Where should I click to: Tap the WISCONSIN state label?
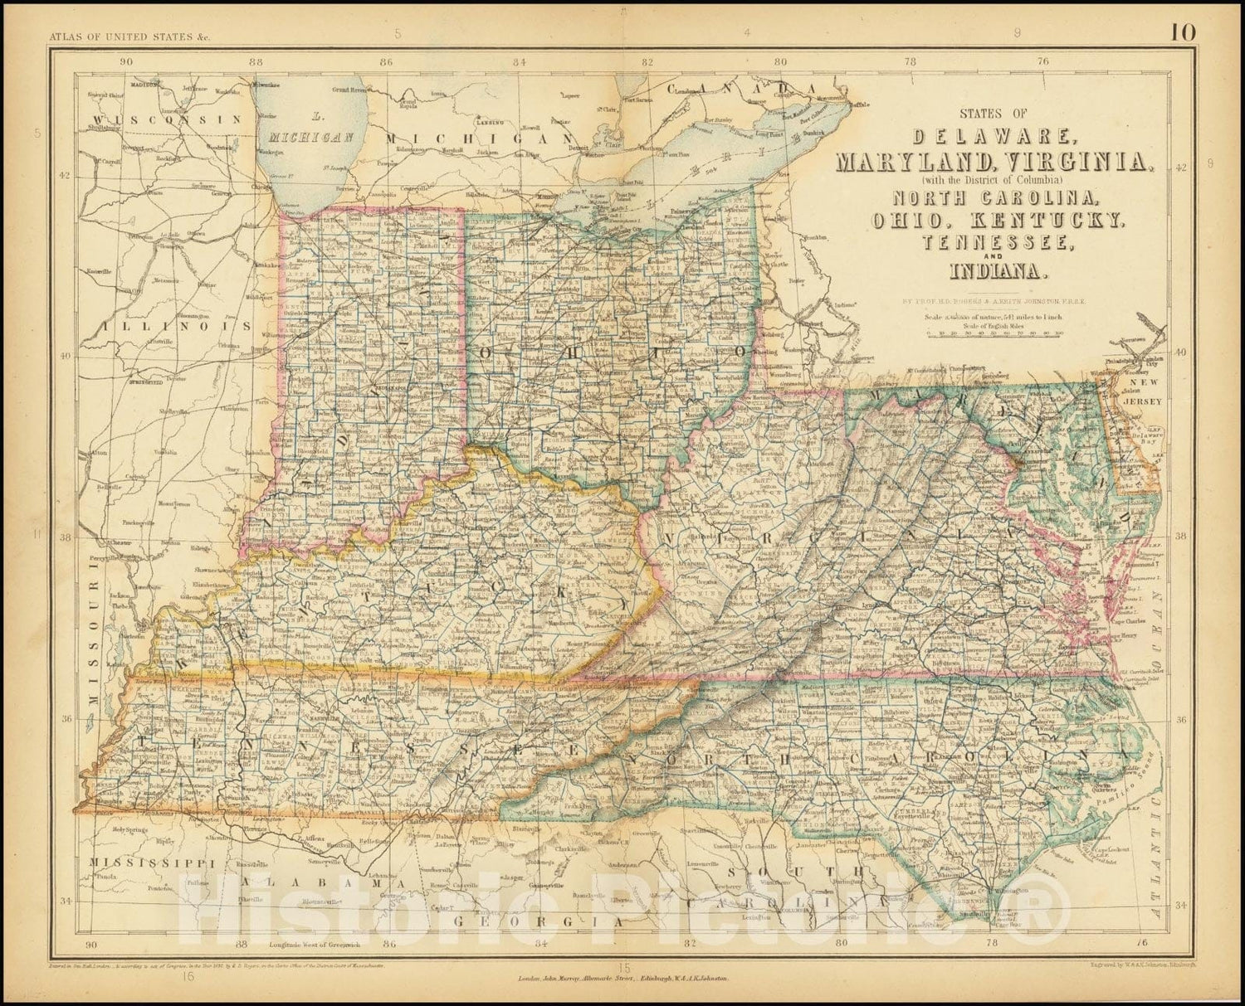[162, 120]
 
